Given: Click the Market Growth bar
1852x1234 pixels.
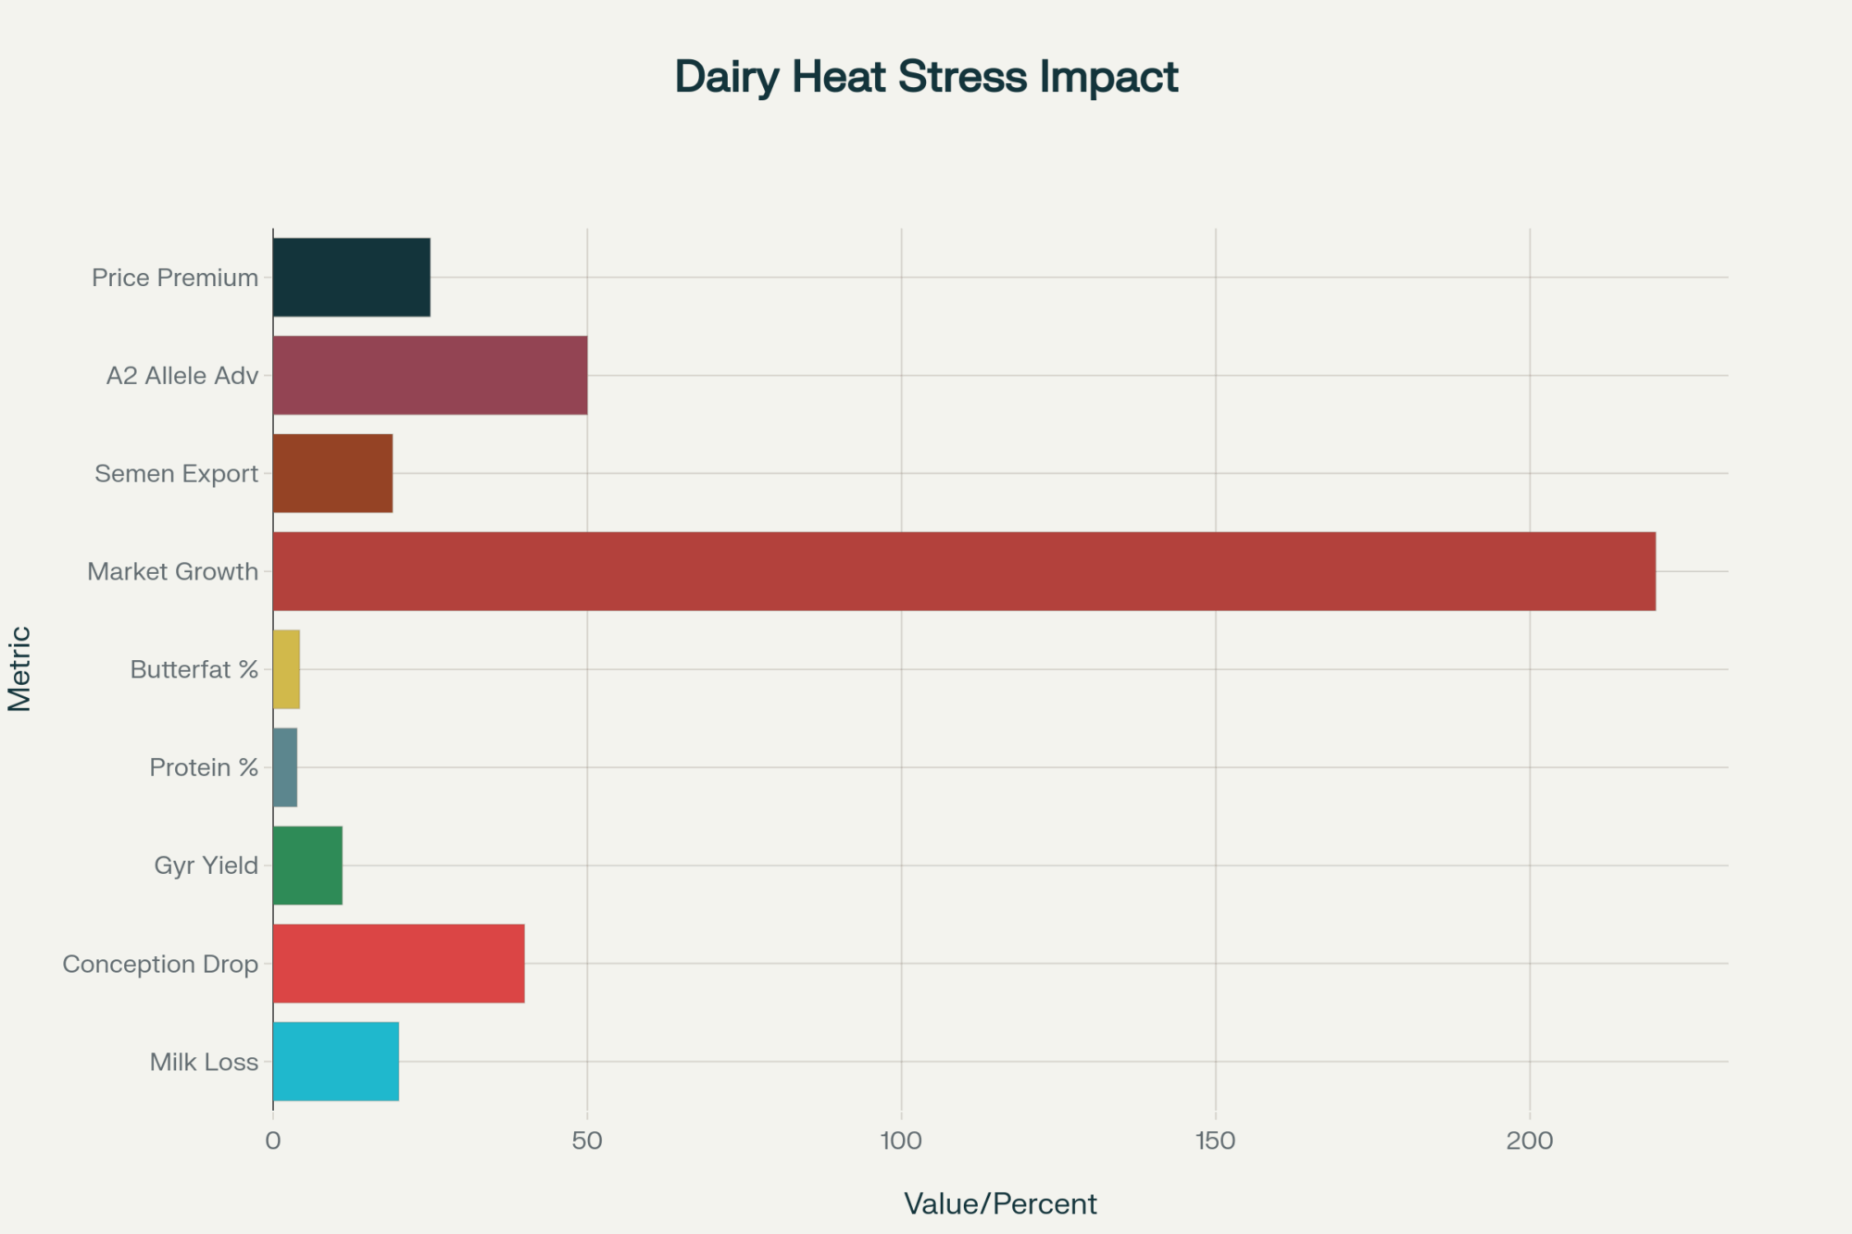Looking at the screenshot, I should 963,571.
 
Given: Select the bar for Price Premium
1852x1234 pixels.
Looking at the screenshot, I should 351,277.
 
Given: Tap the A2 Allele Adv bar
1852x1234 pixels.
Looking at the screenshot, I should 430,375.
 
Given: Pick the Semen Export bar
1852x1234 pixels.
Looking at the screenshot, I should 332,473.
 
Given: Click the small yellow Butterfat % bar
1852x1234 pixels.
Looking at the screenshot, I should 286,669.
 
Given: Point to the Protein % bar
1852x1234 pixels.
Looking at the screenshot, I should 285,767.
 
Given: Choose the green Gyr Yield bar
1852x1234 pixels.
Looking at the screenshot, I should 307,866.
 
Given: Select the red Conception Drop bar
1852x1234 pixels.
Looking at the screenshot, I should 398,964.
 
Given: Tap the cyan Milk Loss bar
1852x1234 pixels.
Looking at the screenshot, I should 335,1062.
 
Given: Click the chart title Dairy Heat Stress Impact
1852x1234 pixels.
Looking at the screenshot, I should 926,76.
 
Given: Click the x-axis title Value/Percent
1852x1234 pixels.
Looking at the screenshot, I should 1000,1203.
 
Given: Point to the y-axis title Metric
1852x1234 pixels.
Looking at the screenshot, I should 20,668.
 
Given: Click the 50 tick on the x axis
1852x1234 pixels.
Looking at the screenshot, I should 587,1141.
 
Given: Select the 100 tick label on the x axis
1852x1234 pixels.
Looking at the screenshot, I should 901,1141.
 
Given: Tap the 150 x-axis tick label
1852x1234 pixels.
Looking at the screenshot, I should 1215,1141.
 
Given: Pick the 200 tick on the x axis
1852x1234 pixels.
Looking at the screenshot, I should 1529,1141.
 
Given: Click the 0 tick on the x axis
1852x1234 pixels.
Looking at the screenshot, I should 273,1141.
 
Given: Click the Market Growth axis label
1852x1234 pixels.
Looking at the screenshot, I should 173,571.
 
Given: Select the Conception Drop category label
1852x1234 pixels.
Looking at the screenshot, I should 160,964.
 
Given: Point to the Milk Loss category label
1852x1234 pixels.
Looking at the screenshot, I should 204,1062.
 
